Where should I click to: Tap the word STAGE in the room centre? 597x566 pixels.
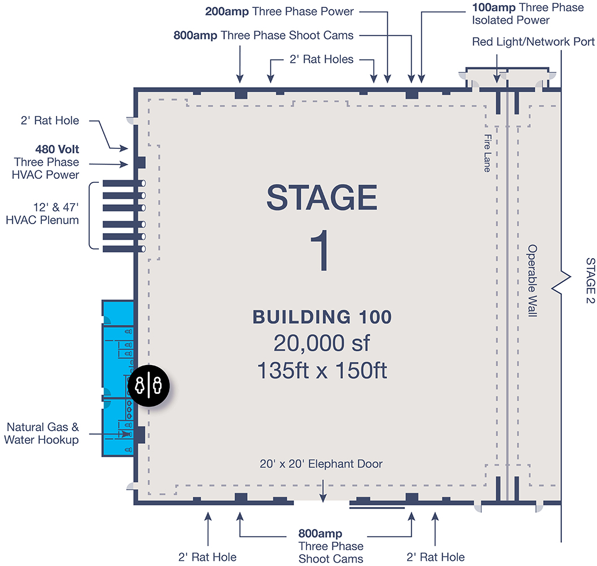321,198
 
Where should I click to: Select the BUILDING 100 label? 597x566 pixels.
321,317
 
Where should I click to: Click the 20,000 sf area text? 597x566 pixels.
321,344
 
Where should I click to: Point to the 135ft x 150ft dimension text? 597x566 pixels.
321,370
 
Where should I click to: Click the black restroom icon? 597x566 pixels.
149,385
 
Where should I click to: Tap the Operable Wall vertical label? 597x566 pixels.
531,281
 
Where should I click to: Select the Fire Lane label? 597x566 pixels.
487,153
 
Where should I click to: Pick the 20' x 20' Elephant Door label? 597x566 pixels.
321,464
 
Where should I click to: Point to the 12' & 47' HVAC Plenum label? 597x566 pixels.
42,213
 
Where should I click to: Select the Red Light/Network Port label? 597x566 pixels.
533,42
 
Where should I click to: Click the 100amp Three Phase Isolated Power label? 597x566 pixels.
527,14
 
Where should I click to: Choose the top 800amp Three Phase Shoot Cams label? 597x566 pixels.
263,35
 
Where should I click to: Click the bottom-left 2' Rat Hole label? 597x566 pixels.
207,557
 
